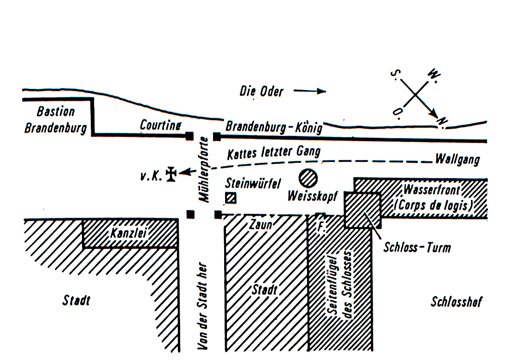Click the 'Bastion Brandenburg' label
[56, 119]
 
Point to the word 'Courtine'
[160, 125]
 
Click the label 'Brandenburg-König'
[273, 127]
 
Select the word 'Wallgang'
[457, 160]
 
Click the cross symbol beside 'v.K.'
[171, 174]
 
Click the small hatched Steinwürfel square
[231, 198]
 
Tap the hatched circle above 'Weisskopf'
[308, 179]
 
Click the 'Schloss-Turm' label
[417, 248]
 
